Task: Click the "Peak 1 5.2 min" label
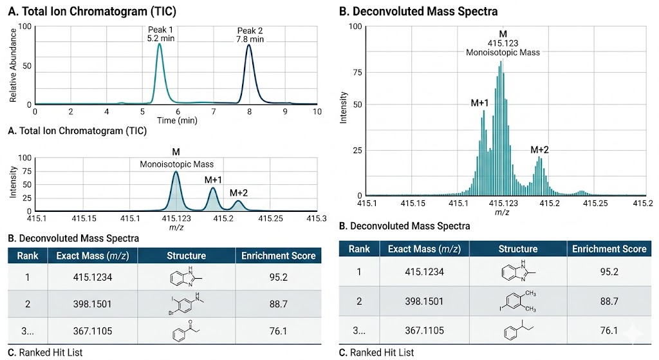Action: coord(160,33)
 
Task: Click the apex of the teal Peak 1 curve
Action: coord(160,44)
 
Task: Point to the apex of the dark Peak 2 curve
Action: coord(249,45)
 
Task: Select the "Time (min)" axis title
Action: coord(176,120)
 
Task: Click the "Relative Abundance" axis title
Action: coord(13,65)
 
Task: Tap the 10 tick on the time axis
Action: coord(317,111)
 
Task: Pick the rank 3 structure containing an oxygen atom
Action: coord(186,333)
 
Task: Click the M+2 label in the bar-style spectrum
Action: coord(539,150)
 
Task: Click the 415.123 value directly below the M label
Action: coord(503,43)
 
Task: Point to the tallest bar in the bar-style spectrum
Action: coord(501,63)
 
